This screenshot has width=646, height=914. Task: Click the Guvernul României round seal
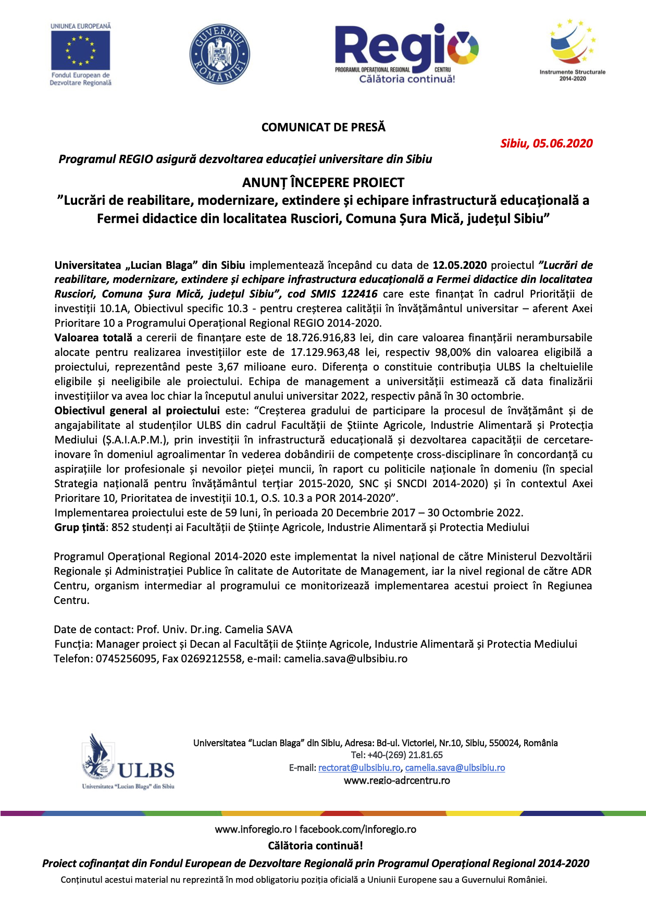219,54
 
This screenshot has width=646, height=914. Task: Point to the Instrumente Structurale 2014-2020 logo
572,50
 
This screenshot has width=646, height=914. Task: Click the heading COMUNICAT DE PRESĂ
323,127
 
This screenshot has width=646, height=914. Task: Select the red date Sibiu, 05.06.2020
546,143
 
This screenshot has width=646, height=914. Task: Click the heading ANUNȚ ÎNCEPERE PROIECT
323,182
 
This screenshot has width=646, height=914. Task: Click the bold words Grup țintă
80,527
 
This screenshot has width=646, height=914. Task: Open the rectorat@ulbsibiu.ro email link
359,768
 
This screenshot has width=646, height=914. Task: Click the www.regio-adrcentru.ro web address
397,780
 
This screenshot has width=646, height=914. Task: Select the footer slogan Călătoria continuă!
315,845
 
